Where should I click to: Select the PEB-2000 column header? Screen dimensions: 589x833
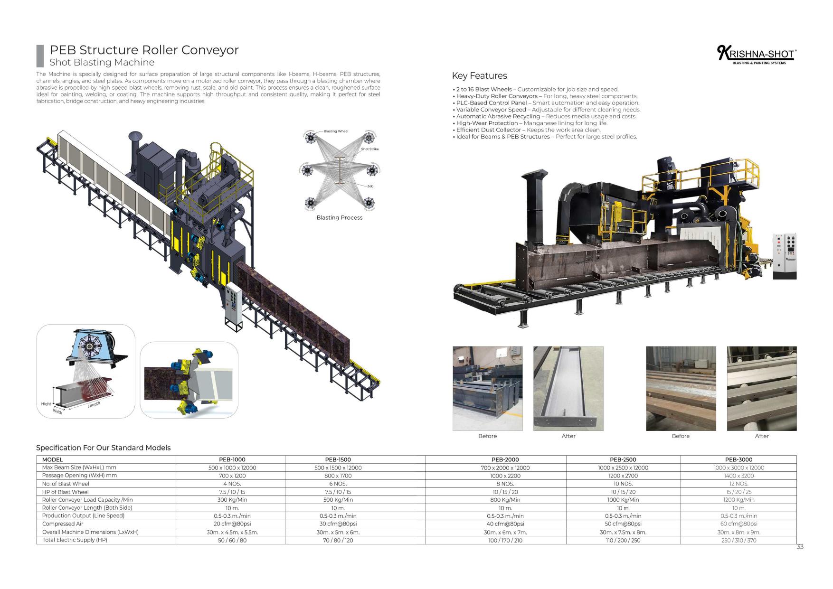point(505,459)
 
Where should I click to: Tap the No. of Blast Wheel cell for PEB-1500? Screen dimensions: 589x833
point(338,484)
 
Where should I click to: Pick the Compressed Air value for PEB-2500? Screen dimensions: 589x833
point(623,524)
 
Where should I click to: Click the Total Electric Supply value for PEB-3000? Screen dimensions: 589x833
point(738,540)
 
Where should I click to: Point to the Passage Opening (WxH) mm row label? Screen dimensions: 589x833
point(79,475)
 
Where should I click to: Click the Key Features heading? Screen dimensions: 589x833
point(479,76)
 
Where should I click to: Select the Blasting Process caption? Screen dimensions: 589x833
point(339,218)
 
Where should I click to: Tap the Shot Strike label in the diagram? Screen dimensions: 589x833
point(369,149)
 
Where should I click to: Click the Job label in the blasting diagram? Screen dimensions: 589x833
point(370,186)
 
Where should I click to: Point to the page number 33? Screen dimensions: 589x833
point(800,547)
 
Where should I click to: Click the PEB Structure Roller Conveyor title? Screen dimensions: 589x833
point(144,50)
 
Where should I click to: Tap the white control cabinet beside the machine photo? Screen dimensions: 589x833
point(785,256)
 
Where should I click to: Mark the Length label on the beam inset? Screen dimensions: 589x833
point(94,404)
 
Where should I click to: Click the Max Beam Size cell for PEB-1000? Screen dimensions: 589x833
point(232,467)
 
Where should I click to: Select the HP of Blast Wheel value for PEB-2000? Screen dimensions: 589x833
point(505,492)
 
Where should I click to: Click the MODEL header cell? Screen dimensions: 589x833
point(52,459)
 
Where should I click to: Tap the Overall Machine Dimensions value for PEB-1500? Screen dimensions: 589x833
point(338,532)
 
